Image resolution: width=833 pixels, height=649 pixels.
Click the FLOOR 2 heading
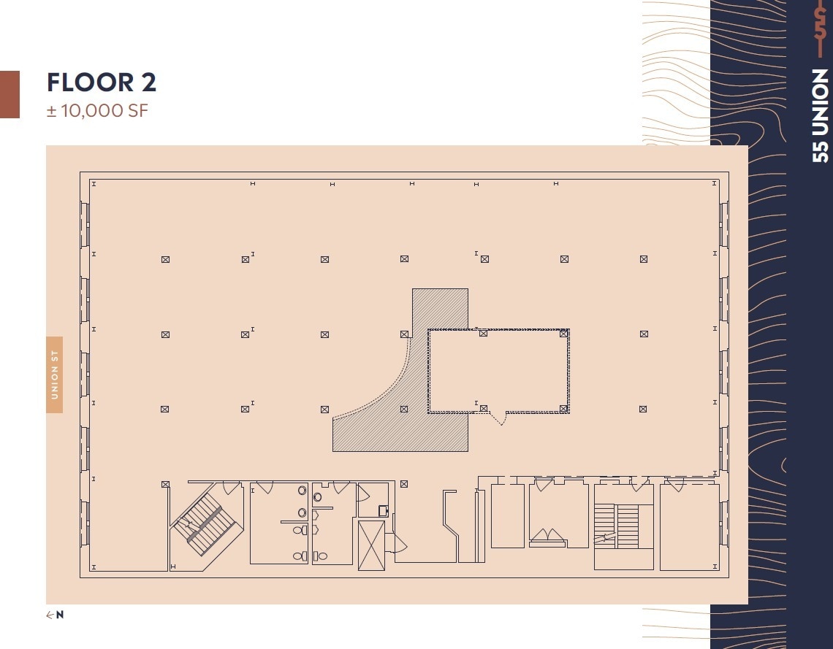pos(102,82)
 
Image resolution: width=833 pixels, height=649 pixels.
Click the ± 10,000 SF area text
pos(97,112)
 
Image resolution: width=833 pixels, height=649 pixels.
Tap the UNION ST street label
pos(55,375)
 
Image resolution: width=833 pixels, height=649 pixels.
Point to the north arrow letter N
pos(60,615)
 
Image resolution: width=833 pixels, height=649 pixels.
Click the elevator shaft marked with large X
pos(371,545)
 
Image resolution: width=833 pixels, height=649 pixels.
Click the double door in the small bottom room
pos(547,538)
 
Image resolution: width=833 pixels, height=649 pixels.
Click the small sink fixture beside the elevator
pos(382,511)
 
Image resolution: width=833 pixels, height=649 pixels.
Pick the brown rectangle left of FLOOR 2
pos(9,94)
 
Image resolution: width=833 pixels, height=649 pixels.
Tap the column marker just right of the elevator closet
pos(403,483)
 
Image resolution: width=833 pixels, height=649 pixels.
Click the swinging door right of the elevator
pos(399,542)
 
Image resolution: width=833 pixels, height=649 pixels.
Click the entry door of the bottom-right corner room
pos(674,484)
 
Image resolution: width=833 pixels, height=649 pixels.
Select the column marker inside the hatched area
pos(404,409)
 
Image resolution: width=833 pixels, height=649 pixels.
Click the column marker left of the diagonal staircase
pos(165,484)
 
